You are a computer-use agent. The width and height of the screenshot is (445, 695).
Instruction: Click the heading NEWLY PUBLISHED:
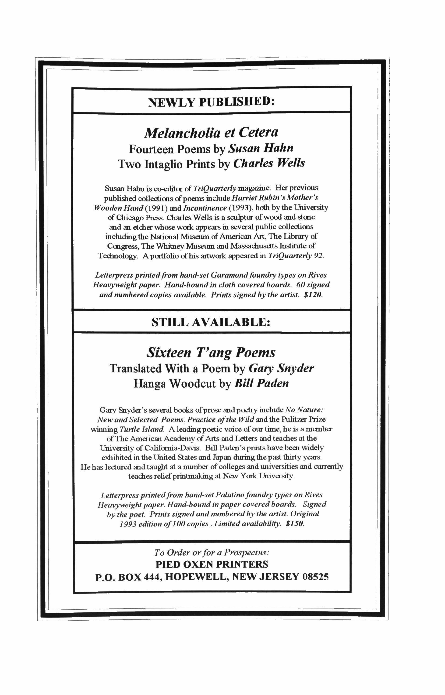coord(211,102)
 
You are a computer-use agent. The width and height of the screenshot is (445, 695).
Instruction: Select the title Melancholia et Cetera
coord(211,133)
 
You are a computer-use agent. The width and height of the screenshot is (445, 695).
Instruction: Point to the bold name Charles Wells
coord(269,164)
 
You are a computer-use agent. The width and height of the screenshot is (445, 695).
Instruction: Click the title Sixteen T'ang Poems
coord(211,353)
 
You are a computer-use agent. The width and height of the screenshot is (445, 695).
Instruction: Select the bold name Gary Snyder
coord(281,368)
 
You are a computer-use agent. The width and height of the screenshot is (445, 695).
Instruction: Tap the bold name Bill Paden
coord(261,384)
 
